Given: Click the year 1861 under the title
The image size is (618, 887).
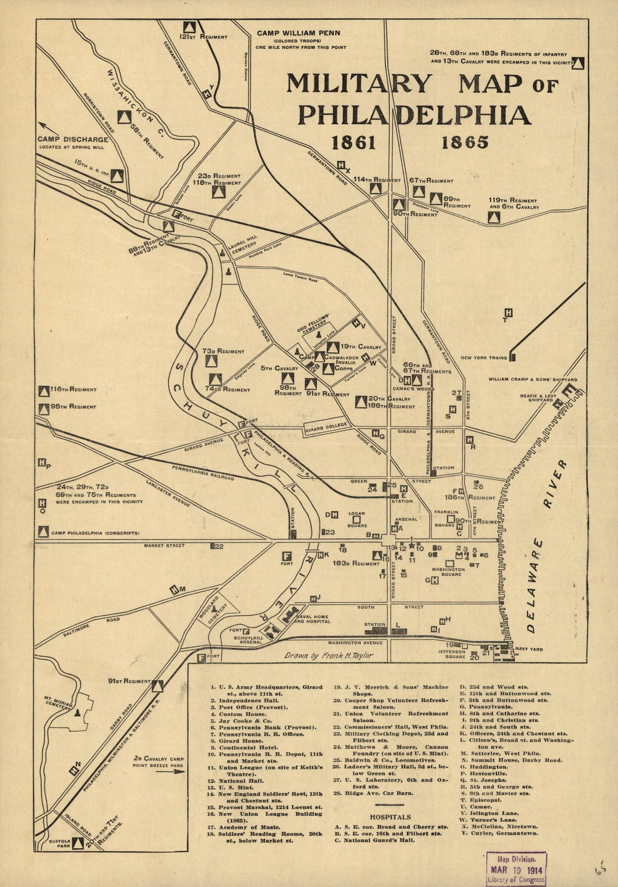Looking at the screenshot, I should tap(353, 143).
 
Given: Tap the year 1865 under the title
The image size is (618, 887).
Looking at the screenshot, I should tap(465, 143).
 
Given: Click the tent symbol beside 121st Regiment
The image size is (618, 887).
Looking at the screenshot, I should tap(190, 26).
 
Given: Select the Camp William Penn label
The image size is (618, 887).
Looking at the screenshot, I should tap(298, 33).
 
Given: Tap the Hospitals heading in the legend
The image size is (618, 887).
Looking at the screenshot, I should tap(390, 817).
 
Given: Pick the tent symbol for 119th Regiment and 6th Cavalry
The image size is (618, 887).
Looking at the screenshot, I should tap(493, 217).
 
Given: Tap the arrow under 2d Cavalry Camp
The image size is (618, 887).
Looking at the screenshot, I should tap(171, 771).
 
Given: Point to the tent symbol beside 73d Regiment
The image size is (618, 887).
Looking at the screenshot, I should tap(211, 361).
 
